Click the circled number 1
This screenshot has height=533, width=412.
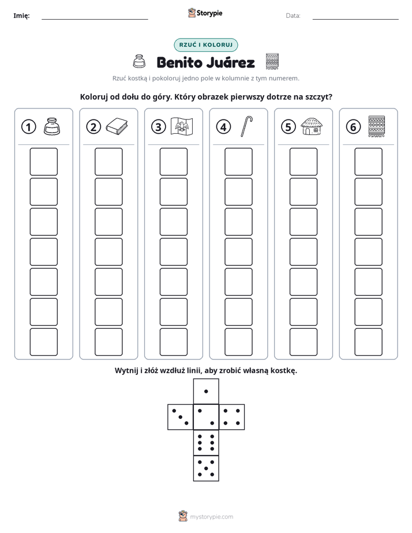(28, 127)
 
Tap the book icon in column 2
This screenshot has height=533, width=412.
(117, 126)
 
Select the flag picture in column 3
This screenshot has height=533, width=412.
(182, 126)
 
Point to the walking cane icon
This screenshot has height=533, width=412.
(246, 126)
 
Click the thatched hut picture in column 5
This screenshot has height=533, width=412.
(312, 126)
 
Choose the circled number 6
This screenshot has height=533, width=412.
(353, 127)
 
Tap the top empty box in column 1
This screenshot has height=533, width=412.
(43, 162)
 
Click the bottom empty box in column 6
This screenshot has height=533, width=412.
(368, 342)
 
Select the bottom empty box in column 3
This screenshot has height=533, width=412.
(173, 342)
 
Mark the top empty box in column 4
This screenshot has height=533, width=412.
(238, 162)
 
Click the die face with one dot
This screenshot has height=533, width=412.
(206, 391)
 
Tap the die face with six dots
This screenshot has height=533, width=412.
(206, 442)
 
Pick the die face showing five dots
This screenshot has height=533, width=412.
(206, 468)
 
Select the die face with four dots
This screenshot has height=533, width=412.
(232, 417)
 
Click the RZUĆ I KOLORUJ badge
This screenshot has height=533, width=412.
(205, 45)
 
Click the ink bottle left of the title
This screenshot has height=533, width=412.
(138, 61)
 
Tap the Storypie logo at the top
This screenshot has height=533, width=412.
(205, 13)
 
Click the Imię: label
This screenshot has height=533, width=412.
(21, 16)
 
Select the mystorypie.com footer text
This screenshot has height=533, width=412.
(211, 517)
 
